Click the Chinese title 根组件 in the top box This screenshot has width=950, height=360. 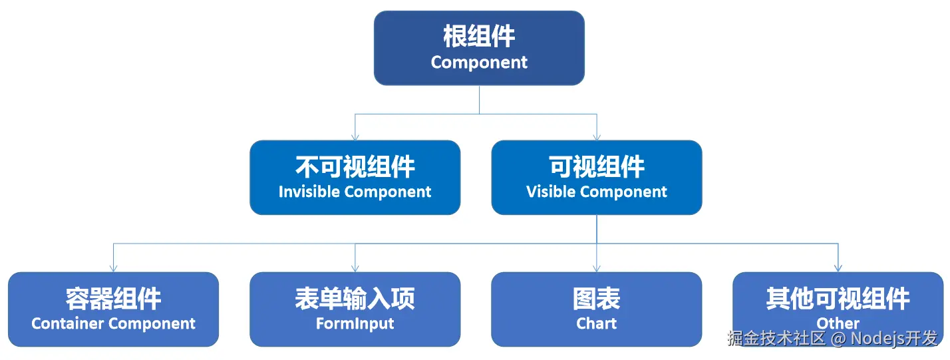[479, 37]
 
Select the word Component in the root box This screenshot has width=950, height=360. [479, 63]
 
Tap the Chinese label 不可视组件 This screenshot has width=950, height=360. [355, 166]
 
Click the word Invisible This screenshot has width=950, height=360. [309, 192]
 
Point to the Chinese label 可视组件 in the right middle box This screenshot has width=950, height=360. [596, 166]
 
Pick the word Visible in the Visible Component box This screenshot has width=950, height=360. [549, 192]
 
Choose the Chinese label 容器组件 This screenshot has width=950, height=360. [113, 299]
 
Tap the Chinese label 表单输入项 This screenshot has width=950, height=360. [355, 299]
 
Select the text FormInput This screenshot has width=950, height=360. [355, 324]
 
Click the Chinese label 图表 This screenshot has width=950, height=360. [596, 299]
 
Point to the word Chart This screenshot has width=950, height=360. [596, 324]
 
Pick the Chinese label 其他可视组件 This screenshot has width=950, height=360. [838, 299]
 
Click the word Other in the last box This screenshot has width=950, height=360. [838, 323]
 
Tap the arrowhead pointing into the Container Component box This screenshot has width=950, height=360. [113, 268]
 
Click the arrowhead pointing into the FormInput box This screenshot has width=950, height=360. [355, 268]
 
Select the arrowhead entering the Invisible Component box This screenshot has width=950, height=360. [355, 136]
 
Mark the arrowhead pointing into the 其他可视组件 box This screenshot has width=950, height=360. [838, 268]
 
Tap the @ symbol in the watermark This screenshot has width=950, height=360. [839, 338]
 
